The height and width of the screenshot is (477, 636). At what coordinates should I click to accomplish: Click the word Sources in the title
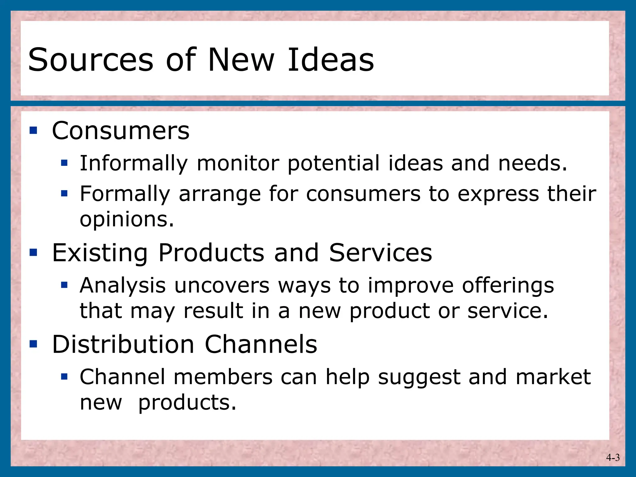coord(91,60)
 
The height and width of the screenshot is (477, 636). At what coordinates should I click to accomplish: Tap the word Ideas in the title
coord(331,60)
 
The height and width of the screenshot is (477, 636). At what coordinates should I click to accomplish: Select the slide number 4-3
coord(613,457)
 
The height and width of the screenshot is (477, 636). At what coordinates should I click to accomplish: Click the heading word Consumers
coord(120,131)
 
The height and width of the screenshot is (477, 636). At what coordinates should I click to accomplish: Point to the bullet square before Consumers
coord(33,130)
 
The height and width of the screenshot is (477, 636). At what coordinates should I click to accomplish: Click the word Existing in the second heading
coord(100,253)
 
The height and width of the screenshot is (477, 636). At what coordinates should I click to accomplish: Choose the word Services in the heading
coord(380,253)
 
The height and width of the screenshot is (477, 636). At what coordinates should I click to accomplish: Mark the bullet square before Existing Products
coord(33,252)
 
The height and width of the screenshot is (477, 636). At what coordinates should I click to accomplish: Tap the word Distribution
coord(123,344)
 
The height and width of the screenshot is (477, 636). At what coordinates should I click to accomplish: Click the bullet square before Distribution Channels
coord(33,344)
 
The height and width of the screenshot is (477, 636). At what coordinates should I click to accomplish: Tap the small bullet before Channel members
coord(64,377)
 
